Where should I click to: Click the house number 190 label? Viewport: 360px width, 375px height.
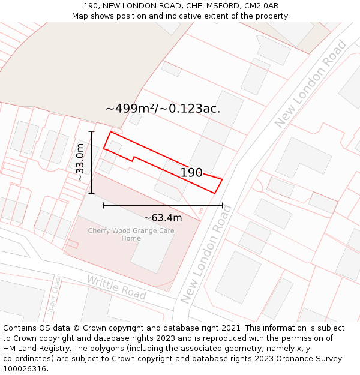(191, 173)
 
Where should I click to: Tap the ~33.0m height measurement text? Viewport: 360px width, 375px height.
(80, 162)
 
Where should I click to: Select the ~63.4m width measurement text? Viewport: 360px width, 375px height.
(163, 218)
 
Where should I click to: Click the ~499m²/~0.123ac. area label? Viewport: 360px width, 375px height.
(163, 109)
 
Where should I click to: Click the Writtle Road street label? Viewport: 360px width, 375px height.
(116, 287)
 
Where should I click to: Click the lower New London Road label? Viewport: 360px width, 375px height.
(206, 254)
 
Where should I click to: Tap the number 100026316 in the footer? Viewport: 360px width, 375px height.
(26, 368)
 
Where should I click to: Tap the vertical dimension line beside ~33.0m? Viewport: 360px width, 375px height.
(92, 162)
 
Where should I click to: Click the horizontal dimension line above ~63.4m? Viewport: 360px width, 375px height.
(163, 205)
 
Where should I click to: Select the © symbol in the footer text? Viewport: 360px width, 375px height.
(76, 328)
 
